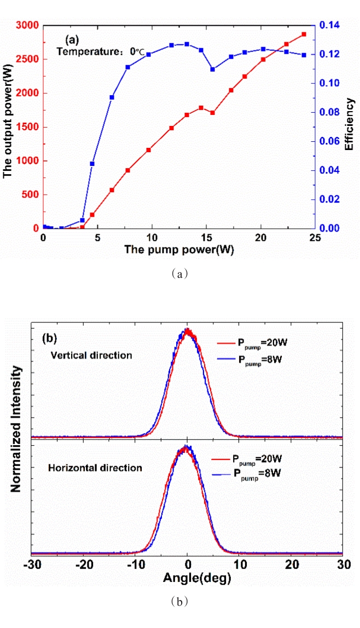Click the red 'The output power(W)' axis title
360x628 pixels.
[8, 128]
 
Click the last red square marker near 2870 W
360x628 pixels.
[304, 34]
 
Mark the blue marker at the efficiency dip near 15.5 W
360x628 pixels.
[213, 70]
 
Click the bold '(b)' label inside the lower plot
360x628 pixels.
[52, 337]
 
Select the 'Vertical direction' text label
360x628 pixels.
[91, 355]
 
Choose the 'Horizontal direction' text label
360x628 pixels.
[95, 468]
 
